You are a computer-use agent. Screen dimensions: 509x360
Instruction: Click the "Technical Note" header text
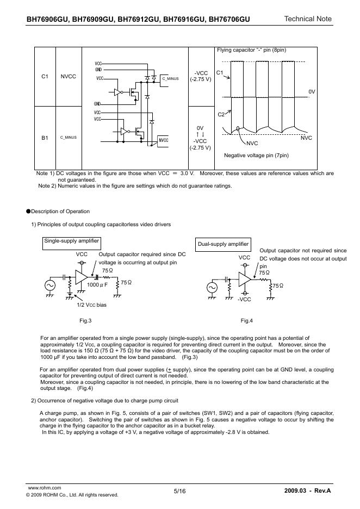(x=308, y=19)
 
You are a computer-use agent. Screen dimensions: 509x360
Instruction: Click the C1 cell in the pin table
(x=45, y=77)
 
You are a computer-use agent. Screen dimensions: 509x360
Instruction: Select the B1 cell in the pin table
(x=45, y=138)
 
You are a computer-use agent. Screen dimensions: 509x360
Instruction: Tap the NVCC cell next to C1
(x=69, y=77)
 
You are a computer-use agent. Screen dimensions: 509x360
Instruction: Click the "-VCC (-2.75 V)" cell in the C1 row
(x=200, y=77)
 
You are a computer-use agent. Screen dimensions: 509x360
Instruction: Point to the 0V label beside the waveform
(x=312, y=92)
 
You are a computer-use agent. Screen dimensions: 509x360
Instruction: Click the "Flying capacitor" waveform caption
(x=251, y=50)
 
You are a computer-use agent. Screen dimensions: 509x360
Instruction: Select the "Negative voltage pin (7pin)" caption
(x=256, y=156)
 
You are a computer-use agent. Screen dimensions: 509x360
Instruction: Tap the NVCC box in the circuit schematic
(x=163, y=140)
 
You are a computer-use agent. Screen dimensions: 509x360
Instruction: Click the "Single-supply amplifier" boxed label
(x=72, y=241)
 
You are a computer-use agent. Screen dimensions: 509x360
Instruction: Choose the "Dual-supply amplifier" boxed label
(x=223, y=244)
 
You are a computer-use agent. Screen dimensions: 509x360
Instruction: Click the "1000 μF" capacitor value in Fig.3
(x=97, y=284)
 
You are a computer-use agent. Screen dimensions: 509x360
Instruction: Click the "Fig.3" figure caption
(x=86, y=321)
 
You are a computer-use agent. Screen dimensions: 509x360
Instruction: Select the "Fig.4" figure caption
(x=247, y=321)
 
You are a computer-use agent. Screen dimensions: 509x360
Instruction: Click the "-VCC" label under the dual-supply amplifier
(x=244, y=299)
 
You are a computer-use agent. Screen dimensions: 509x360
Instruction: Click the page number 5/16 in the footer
(x=179, y=491)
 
